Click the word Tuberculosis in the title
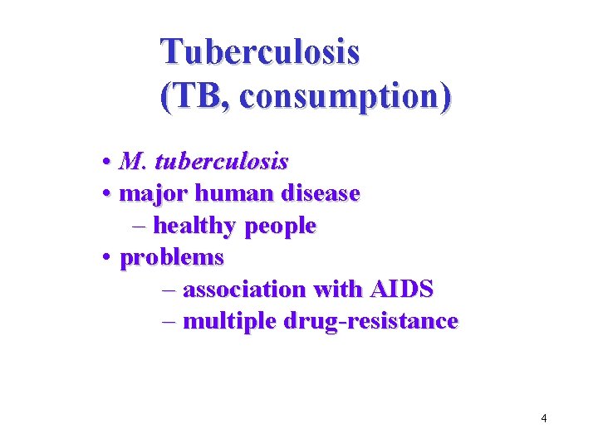pos(261,51)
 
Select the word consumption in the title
pos(341,98)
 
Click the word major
pos(154,193)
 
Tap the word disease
pos(321,193)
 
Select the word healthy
pos(194,226)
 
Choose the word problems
pos(172,258)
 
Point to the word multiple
pos(226,321)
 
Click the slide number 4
pos(543,418)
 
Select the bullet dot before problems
pos(108,258)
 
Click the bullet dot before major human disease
pos(108,194)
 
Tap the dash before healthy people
pos(139,226)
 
